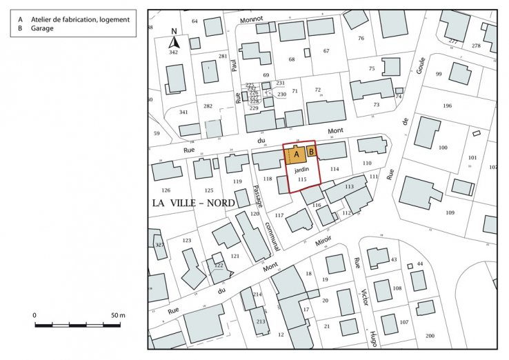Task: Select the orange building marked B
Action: click(312, 151)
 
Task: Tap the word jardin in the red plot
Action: click(301, 168)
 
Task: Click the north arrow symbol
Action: click(174, 41)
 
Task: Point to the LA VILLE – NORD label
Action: click(193, 203)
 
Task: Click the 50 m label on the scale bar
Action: click(117, 315)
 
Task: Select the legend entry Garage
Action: click(43, 30)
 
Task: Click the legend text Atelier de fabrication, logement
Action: click(80, 20)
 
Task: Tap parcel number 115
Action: click(301, 179)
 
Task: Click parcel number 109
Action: click(450, 212)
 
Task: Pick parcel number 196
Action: click(447, 106)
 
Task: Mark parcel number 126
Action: click(166, 190)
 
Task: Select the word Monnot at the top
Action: click(252, 20)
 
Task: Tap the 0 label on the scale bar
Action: click(35, 315)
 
